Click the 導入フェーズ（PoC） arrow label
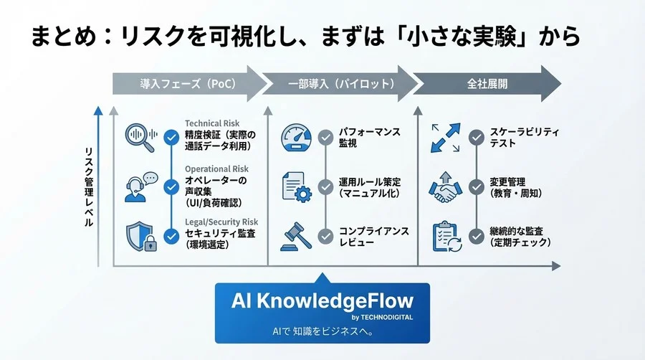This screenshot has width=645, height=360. (x=188, y=84)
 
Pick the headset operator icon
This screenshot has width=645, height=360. (x=140, y=188)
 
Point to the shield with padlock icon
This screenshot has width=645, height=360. (x=140, y=237)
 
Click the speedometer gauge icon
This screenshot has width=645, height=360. (x=297, y=137)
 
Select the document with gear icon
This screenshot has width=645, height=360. (x=297, y=186)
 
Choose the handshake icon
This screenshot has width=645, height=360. (x=446, y=188)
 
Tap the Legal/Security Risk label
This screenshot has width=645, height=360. (x=221, y=223)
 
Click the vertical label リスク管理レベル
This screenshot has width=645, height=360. (x=88, y=186)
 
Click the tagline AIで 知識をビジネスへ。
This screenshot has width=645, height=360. (x=322, y=331)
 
